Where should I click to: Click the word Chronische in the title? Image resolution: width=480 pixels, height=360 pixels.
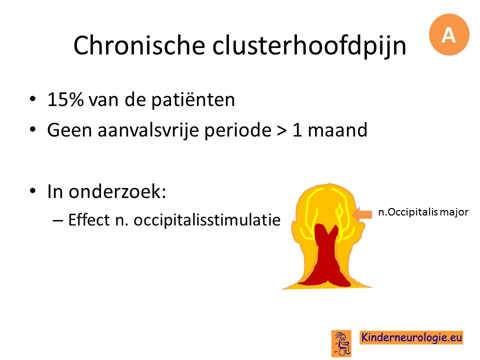(139, 45)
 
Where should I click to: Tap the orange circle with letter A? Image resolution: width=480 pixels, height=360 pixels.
(449, 34)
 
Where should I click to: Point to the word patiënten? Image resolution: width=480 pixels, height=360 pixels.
(193, 100)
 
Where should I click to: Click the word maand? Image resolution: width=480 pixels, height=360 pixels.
(337, 130)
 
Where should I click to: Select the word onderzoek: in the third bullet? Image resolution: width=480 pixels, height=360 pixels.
(117, 191)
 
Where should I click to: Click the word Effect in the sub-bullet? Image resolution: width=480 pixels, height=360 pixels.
(89, 219)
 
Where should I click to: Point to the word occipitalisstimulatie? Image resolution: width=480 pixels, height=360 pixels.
(207, 220)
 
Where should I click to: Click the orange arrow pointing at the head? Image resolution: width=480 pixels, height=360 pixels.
(362, 213)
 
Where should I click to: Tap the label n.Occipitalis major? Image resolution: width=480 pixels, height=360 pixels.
(423, 212)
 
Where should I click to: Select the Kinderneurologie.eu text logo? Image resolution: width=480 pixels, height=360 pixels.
(411, 337)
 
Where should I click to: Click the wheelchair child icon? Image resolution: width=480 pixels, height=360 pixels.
(341, 343)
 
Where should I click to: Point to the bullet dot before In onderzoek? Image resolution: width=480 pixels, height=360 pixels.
(33, 191)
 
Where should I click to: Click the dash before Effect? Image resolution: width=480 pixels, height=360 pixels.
(58, 220)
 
